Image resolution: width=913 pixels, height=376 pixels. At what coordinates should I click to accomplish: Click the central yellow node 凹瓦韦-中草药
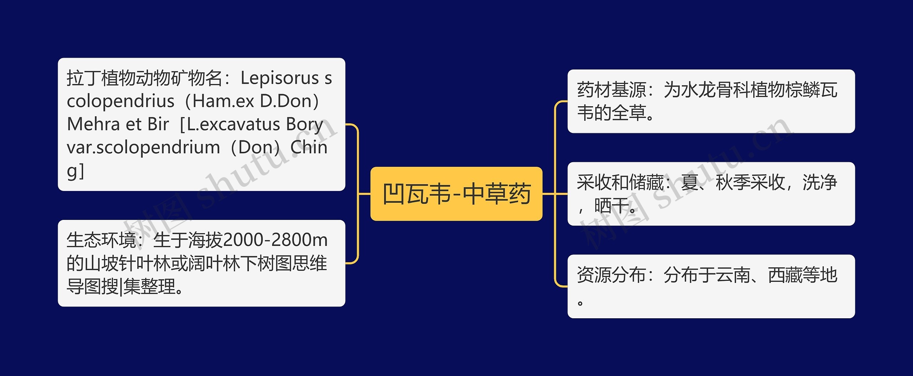(456, 194)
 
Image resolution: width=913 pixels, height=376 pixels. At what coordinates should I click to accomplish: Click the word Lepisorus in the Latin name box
(280, 78)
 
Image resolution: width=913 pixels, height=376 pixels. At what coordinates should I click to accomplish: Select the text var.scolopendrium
(143, 147)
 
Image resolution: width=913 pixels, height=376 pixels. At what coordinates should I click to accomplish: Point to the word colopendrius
(121, 101)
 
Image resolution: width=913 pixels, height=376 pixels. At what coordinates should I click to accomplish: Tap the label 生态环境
(101, 240)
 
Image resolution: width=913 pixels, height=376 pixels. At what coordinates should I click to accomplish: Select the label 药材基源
(612, 90)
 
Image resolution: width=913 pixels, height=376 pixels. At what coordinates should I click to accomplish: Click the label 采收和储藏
(620, 182)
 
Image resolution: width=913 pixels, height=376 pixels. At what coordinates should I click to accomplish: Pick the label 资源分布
(612, 275)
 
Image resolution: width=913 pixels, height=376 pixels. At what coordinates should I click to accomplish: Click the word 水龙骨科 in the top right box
(715, 90)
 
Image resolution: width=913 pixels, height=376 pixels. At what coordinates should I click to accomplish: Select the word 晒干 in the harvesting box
(612, 206)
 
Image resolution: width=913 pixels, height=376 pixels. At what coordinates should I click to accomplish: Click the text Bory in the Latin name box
(304, 124)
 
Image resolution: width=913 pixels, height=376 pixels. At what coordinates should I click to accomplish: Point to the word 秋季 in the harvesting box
(733, 182)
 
